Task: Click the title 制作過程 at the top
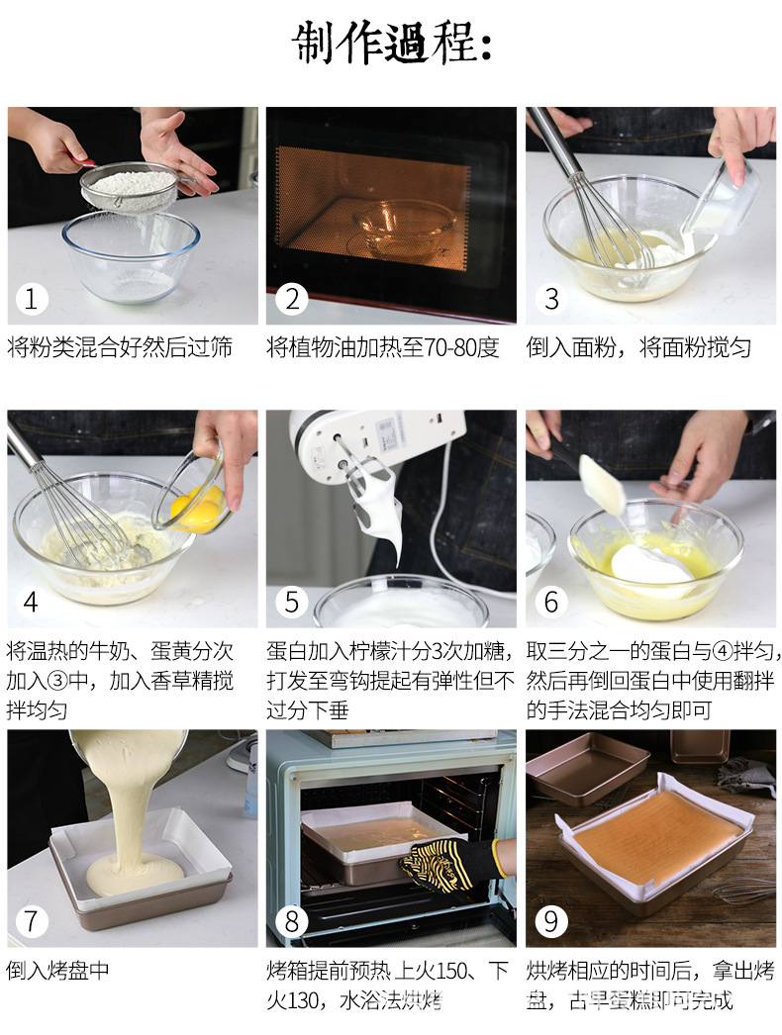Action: (392, 43)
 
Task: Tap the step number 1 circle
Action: (31, 299)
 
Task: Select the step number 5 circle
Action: (291, 602)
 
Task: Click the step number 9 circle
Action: (550, 921)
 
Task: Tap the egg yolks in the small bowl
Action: (197, 508)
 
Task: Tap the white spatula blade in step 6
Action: (602, 484)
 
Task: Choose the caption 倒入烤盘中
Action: (58, 971)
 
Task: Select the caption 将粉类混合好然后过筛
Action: (120, 347)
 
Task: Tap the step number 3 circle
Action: (550, 299)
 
